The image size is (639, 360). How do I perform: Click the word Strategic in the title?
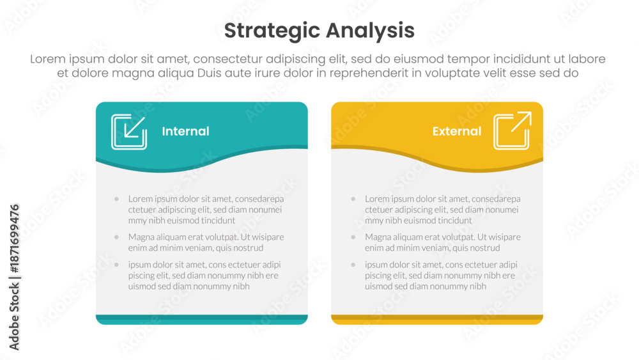coord(272,31)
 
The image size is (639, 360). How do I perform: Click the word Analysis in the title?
coord(370,31)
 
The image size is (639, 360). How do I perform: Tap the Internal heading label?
coord(185,131)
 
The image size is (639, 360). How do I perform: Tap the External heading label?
coord(457,131)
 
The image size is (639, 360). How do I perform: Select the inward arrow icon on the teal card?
coord(129,132)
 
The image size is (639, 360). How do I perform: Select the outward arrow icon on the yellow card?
coord(512,130)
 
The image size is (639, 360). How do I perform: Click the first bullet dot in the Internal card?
coord(116,199)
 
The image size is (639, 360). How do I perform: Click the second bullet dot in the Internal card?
coord(116,237)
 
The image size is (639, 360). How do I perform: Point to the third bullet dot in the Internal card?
coord(116,265)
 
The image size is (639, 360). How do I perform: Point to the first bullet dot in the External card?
coord(353,199)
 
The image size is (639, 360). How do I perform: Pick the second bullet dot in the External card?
coord(353,237)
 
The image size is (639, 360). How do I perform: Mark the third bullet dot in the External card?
coord(353,265)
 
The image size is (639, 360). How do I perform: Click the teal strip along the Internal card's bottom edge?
coord(202,319)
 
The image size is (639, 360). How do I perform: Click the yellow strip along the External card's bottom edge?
coord(437,319)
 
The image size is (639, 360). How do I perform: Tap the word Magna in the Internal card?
coord(140,237)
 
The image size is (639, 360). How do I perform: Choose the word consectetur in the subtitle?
coord(228,59)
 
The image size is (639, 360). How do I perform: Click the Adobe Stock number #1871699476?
coord(14,239)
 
